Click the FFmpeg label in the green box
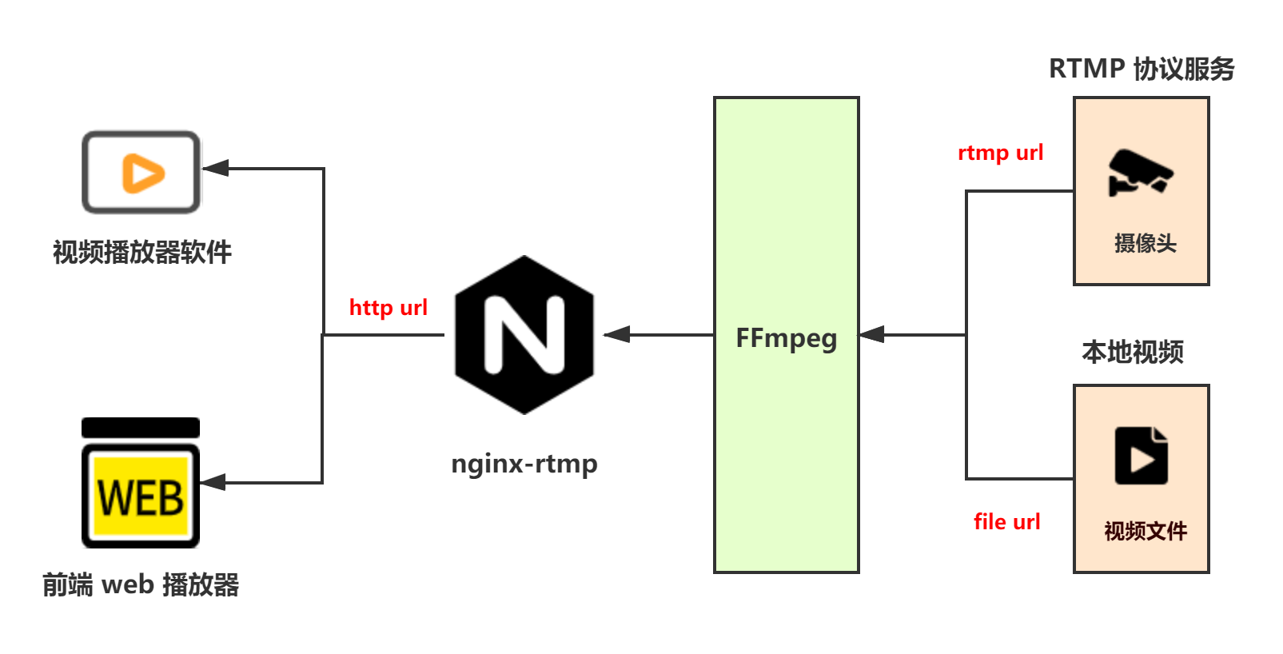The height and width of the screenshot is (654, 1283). pos(786,338)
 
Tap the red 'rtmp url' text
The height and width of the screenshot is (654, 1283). pos(1001,153)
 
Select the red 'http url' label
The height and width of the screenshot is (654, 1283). pos(388,308)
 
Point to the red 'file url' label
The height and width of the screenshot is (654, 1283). pos(1007,522)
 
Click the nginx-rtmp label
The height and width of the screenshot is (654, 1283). pos(524,464)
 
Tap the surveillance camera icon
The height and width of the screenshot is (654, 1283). pos(1140,172)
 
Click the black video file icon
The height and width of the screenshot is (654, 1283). pos(1141,456)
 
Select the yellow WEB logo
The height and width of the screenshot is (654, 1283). pos(141,496)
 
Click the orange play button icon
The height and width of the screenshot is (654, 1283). pos(142,173)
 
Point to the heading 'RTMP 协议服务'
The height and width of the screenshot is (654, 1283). pos(1141,69)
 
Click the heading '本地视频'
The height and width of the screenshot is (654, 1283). pos(1132,352)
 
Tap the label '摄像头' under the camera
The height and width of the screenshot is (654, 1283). pos(1145,243)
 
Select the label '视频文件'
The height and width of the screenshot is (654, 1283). pos(1145,531)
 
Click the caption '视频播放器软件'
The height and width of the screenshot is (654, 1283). pos(142,253)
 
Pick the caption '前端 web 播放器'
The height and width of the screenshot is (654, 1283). pos(141,585)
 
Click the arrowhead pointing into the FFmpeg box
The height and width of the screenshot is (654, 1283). pos(872,334)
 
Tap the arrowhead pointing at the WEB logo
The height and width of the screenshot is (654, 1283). pos(213,482)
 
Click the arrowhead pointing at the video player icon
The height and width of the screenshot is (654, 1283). pos(217,168)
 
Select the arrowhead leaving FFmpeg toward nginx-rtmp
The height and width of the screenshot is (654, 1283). pos(616,334)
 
